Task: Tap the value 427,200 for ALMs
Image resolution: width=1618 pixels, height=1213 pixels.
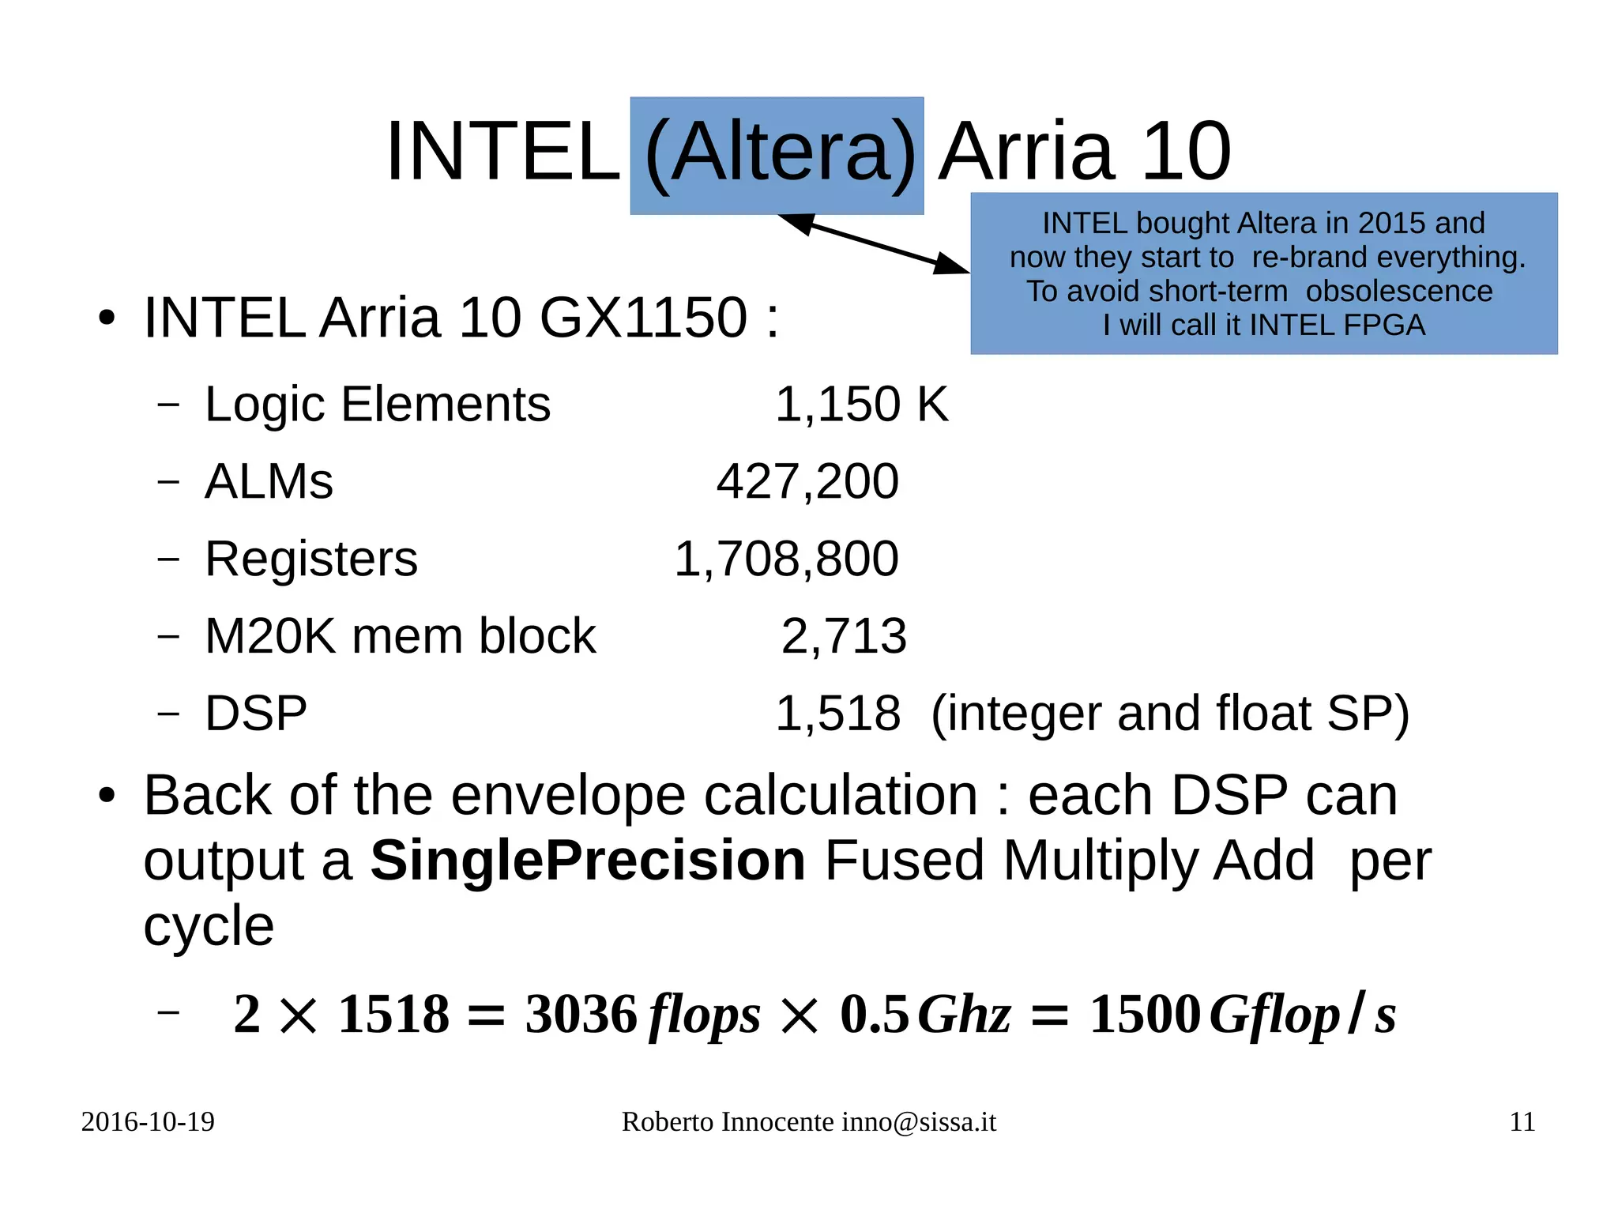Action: pyautogui.click(x=807, y=481)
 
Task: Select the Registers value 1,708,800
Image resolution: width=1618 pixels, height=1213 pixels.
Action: pyautogui.click(x=786, y=559)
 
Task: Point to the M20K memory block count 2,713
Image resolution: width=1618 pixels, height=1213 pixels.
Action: pyautogui.click(x=844, y=636)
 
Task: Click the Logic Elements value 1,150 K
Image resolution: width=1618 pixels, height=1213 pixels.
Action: pyautogui.click(x=861, y=405)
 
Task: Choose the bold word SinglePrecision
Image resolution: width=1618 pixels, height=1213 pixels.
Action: pyautogui.click(x=588, y=861)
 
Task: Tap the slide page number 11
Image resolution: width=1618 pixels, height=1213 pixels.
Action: pyautogui.click(x=1522, y=1122)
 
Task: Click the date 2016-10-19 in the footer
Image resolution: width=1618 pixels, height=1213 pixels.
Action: pyautogui.click(x=148, y=1122)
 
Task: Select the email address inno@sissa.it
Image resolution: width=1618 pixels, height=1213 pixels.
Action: pyautogui.click(x=918, y=1122)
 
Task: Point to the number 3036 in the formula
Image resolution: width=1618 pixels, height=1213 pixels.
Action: pyautogui.click(x=581, y=1015)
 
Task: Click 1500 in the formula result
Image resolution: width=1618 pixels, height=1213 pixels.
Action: pyautogui.click(x=1145, y=1015)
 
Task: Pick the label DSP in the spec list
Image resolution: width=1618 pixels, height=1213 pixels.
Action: pyautogui.click(x=256, y=714)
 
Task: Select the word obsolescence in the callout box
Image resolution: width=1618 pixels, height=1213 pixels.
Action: pyautogui.click(x=1399, y=292)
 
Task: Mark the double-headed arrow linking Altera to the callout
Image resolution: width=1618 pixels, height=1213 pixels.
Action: pyautogui.click(x=873, y=243)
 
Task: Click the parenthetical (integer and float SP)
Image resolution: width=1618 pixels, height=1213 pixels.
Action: pyautogui.click(x=1170, y=714)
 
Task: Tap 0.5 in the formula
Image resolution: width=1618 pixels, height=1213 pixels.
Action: pyautogui.click(x=874, y=1015)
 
